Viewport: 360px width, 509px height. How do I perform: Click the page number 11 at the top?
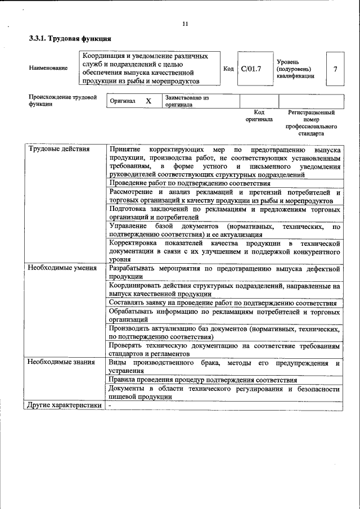(x=185, y=23)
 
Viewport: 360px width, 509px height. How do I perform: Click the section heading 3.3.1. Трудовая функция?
(x=70, y=39)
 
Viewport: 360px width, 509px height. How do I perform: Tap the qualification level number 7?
(x=335, y=69)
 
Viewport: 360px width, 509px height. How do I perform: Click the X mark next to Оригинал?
(x=148, y=101)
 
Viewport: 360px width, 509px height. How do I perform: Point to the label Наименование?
(x=48, y=68)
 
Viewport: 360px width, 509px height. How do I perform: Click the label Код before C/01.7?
(x=228, y=69)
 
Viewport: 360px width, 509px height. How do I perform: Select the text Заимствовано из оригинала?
(x=187, y=101)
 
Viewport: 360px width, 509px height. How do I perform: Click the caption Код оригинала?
(x=259, y=116)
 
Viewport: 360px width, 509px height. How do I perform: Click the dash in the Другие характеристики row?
(x=110, y=405)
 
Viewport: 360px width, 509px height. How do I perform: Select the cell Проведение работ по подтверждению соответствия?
(x=190, y=183)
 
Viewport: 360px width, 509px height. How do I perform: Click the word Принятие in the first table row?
(x=125, y=150)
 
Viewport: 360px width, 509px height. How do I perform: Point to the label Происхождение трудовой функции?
(x=62, y=101)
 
